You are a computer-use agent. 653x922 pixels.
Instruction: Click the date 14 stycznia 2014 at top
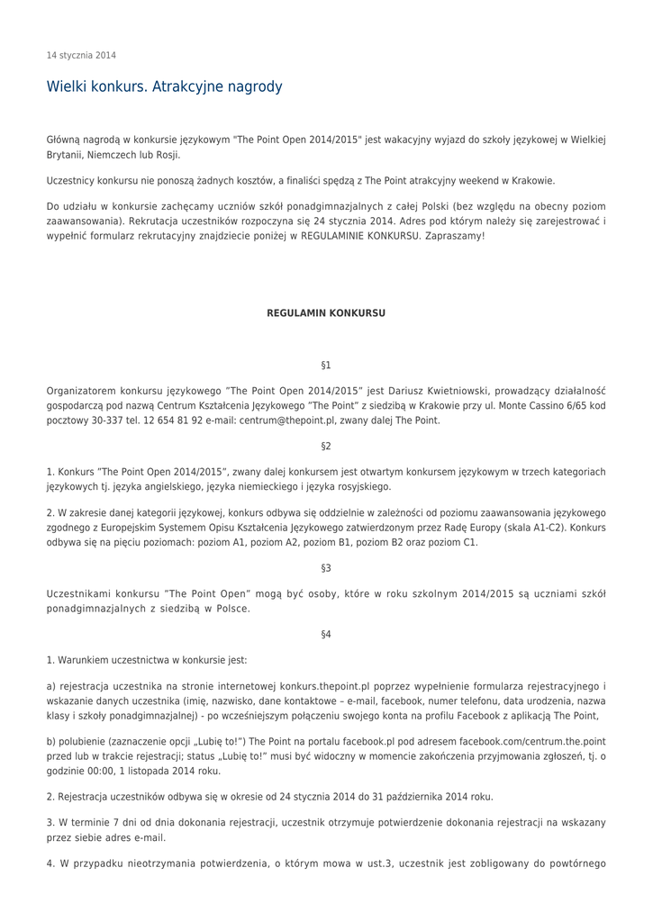[x=81, y=56]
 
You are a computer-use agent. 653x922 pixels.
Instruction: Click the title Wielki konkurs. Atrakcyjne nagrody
[x=164, y=87]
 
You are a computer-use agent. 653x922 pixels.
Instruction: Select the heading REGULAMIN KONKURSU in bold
[x=326, y=313]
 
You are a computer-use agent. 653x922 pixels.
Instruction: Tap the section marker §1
[x=326, y=366]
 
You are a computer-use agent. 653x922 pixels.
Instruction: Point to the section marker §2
[x=326, y=447]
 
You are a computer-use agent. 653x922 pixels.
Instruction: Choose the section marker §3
[x=326, y=568]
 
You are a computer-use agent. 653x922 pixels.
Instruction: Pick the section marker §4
[x=326, y=635]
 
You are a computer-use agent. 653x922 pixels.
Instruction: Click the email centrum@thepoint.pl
[x=287, y=420]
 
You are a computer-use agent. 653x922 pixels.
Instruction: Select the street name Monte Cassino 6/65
[x=538, y=406]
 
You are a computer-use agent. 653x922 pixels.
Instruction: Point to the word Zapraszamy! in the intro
[x=454, y=235]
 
